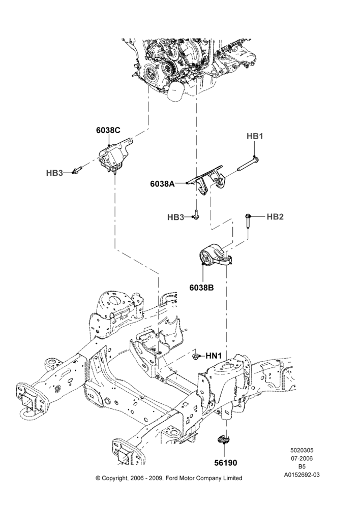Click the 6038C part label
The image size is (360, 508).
pos(108,130)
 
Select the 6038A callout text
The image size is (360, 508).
pos(162,184)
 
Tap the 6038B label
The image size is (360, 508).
pos(202,287)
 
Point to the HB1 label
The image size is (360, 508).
pos(255,136)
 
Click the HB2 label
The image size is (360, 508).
pos(275,217)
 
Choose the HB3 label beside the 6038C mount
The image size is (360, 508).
pos(54,173)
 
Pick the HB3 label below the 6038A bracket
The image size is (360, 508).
pos(175,217)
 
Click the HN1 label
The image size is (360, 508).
pos(214,356)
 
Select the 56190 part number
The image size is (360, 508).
pos(225,463)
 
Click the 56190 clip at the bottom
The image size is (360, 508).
pos(224,439)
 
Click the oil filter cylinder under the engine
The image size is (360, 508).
pos(175,91)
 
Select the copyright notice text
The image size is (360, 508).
pos(169,478)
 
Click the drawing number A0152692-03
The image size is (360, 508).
pos(302,475)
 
